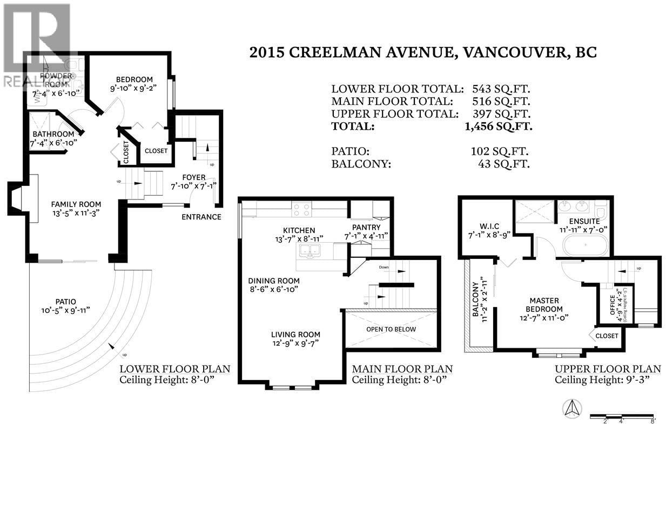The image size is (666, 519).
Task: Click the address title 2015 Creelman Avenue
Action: pyautogui.click(x=422, y=52)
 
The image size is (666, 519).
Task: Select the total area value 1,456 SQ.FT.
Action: pyautogui.click(x=498, y=127)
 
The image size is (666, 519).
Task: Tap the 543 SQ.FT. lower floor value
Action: pyautogui.click(x=501, y=89)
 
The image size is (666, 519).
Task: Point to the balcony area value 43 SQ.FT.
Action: pyautogui.click(x=503, y=164)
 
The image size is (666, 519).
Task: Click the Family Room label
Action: pyautogui.click(x=76, y=204)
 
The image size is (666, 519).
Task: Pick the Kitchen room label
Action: pyautogui.click(x=299, y=230)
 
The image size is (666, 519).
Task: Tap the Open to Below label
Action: pyautogui.click(x=391, y=329)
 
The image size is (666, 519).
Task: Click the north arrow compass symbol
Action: pyautogui.click(x=573, y=408)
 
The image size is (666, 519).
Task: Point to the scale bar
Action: pyautogui.click(x=622, y=416)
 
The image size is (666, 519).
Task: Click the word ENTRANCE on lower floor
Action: pyautogui.click(x=201, y=217)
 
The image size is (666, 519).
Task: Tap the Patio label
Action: pyautogui.click(x=65, y=302)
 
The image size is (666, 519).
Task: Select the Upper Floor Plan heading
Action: pyautogui.click(x=608, y=369)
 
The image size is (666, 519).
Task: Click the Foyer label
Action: pyautogui.click(x=193, y=177)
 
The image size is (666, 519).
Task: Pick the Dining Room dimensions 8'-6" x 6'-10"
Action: pyautogui.click(x=273, y=289)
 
